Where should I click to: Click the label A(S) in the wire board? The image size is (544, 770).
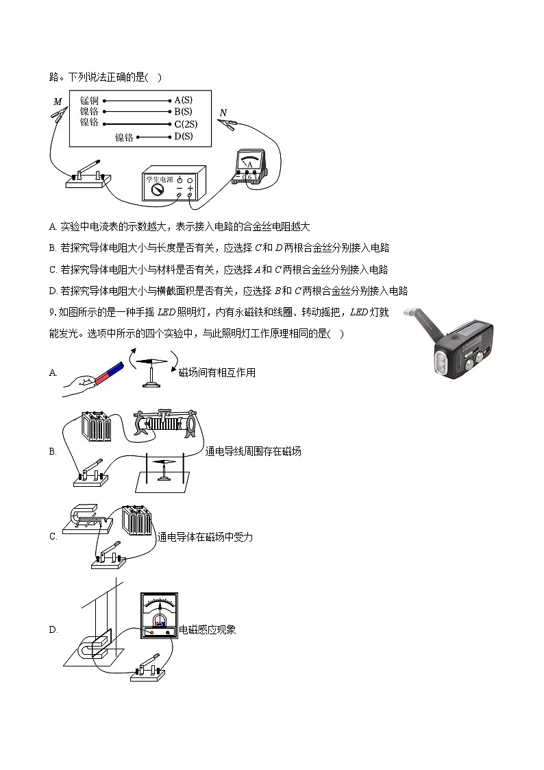[183, 100]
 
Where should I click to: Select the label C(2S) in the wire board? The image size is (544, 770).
[186, 124]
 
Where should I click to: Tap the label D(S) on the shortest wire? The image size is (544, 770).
[183, 136]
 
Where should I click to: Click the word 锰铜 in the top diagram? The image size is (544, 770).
[89, 100]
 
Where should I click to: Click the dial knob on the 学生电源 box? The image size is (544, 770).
[157, 189]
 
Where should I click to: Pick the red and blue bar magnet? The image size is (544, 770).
[109, 372]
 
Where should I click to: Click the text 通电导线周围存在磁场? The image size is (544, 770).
[253, 451]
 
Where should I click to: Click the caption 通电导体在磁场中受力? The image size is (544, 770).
[205, 537]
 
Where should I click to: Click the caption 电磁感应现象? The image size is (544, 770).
[207, 629]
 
